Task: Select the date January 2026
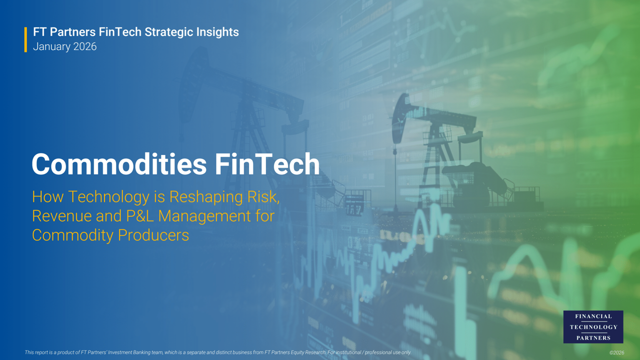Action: [x=64, y=46]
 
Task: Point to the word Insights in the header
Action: [x=218, y=32]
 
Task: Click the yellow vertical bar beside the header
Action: [x=25, y=39]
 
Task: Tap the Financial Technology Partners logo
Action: [x=593, y=327]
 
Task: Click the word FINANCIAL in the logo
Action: [x=593, y=316]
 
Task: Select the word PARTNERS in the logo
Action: [x=593, y=338]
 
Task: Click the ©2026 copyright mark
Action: [x=616, y=353]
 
